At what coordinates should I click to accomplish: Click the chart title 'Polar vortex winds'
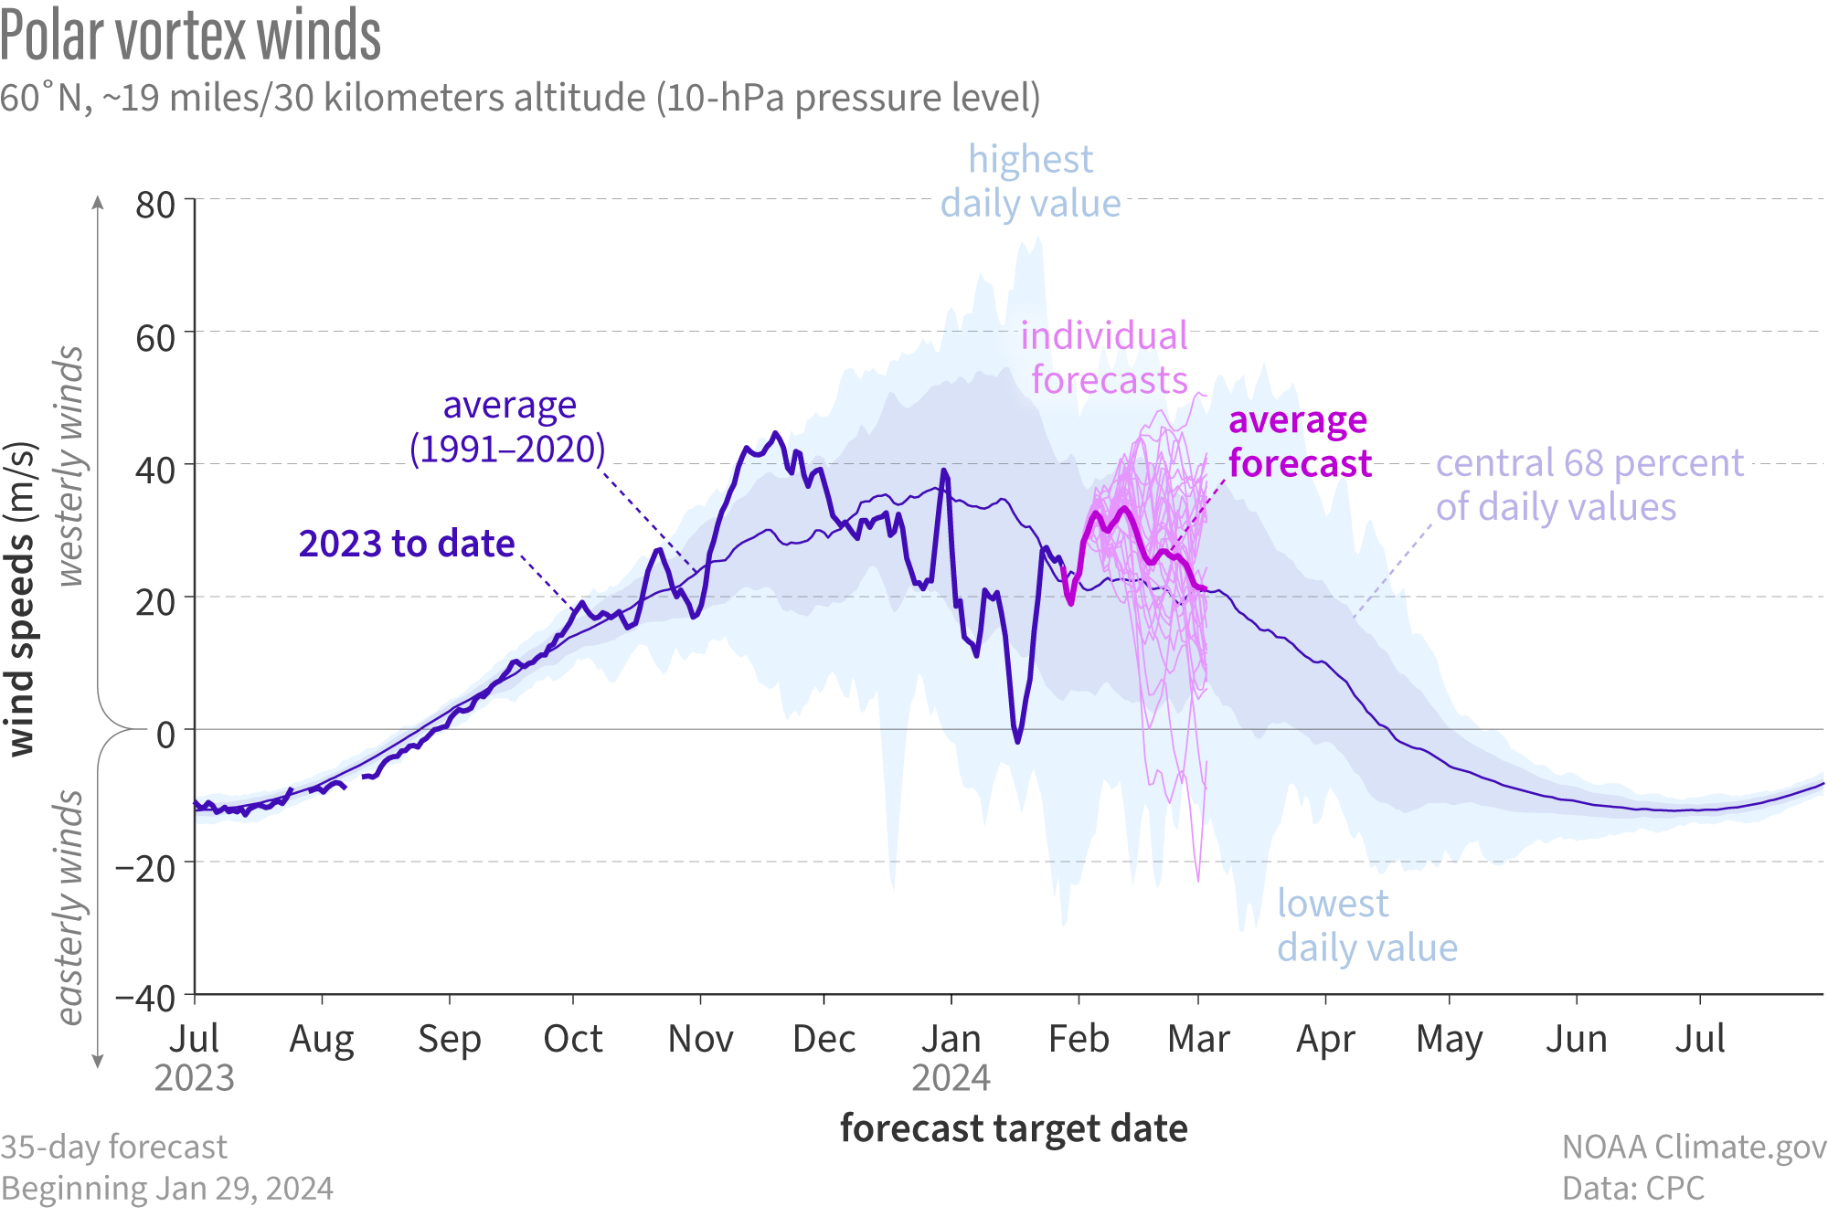190,37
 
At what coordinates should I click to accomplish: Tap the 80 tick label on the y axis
155,205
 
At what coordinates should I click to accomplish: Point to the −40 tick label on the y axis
145,998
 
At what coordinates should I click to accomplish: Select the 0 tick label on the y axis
165,734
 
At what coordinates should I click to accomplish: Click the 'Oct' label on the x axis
573,1039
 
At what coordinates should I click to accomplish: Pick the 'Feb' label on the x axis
1079,1039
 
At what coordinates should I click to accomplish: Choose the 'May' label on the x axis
1449,1040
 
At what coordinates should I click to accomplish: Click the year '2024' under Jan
951,1078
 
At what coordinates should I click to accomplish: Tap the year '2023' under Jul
194,1078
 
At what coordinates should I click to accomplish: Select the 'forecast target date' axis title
1014,1128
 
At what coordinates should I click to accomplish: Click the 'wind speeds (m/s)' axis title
20,599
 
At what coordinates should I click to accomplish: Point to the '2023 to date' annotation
407,544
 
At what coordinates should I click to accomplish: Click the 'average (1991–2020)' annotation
508,427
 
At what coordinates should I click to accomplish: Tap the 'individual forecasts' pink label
1106,357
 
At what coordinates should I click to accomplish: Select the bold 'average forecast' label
1299,441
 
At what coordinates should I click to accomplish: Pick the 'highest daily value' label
1031,181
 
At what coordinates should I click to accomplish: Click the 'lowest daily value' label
1366,926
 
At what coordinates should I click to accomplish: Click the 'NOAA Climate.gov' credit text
1694,1147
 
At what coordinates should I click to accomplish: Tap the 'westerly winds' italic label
70,466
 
